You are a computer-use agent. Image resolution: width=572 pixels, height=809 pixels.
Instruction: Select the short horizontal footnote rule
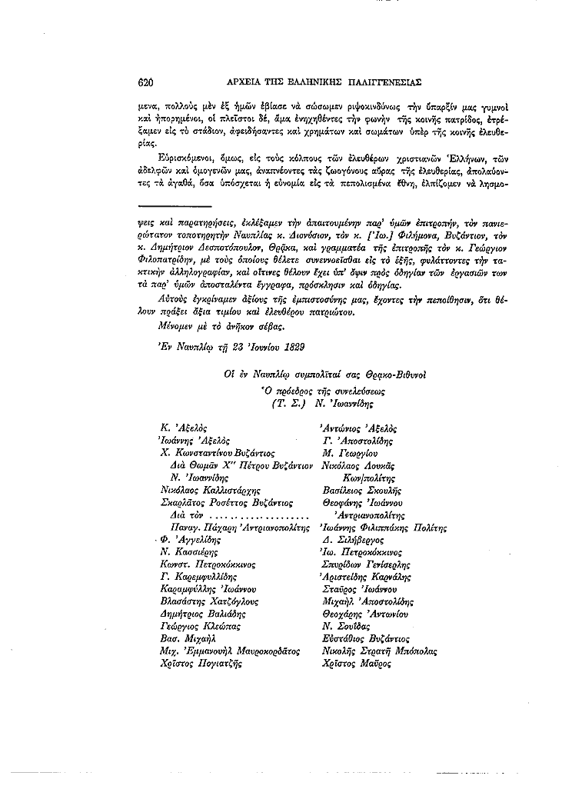[183, 206]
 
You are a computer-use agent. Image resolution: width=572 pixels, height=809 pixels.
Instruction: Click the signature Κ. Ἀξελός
[182, 427]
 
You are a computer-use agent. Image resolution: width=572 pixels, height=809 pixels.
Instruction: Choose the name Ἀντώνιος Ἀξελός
[357, 427]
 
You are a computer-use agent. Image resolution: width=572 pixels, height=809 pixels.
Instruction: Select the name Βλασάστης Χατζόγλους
[205, 601]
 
